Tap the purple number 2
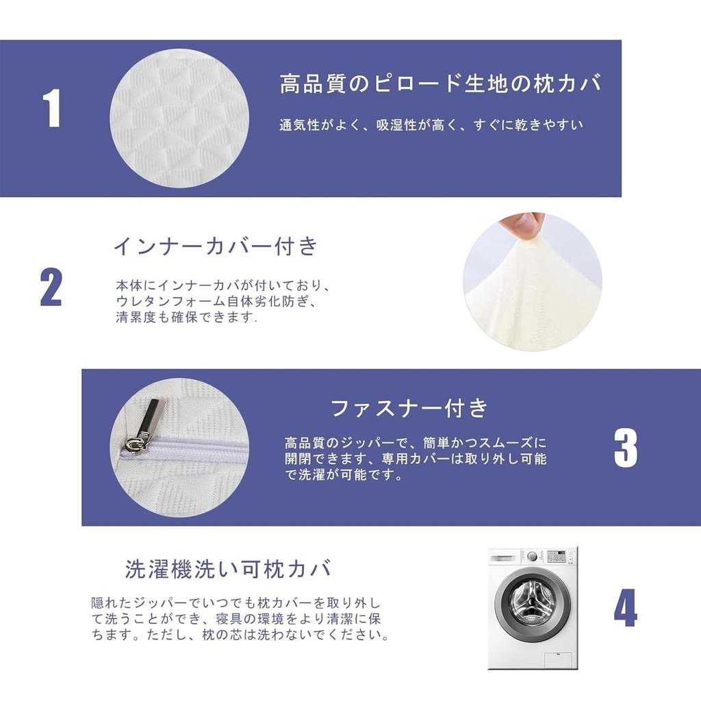[51, 288]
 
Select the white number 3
[625, 448]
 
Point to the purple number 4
[625, 609]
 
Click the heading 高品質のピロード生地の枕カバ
[441, 84]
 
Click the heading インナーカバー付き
[216, 246]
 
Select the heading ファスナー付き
[409, 409]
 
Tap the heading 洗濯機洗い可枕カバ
[229, 569]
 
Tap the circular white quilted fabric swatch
[179, 118]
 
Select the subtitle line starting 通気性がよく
[431, 125]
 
